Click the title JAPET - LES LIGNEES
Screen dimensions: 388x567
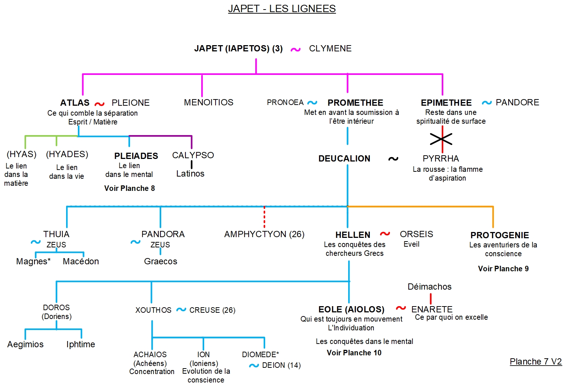tap(282, 8)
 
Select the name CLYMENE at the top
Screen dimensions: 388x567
tap(330, 48)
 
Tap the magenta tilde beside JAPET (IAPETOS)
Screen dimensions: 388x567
tap(296, 50)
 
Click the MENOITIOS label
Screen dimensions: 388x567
tap(209, 102)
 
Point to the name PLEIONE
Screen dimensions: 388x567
tap(130, 103)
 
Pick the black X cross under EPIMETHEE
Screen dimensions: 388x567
tap(441, 139)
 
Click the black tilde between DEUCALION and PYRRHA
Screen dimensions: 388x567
tap(393, 159)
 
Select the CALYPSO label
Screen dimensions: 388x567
tap(193, 155)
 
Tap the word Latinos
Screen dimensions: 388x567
tap(190, 174)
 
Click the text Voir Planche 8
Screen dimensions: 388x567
tap(129, 188)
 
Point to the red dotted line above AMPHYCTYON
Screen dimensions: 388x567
tap(264, 217)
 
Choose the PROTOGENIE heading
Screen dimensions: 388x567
tap(499, 235)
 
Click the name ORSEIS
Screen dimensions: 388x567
tap(416, 234)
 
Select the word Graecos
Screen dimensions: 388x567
tap(160, 261)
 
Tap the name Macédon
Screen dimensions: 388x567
tap(81, 261)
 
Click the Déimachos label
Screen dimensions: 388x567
tap(429, 287)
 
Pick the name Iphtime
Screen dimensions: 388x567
tap(80, 344)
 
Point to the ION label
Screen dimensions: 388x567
tap(203, 355)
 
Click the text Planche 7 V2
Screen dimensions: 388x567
tap(535, 362)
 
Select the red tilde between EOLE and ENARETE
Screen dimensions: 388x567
tap(401, 308)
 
